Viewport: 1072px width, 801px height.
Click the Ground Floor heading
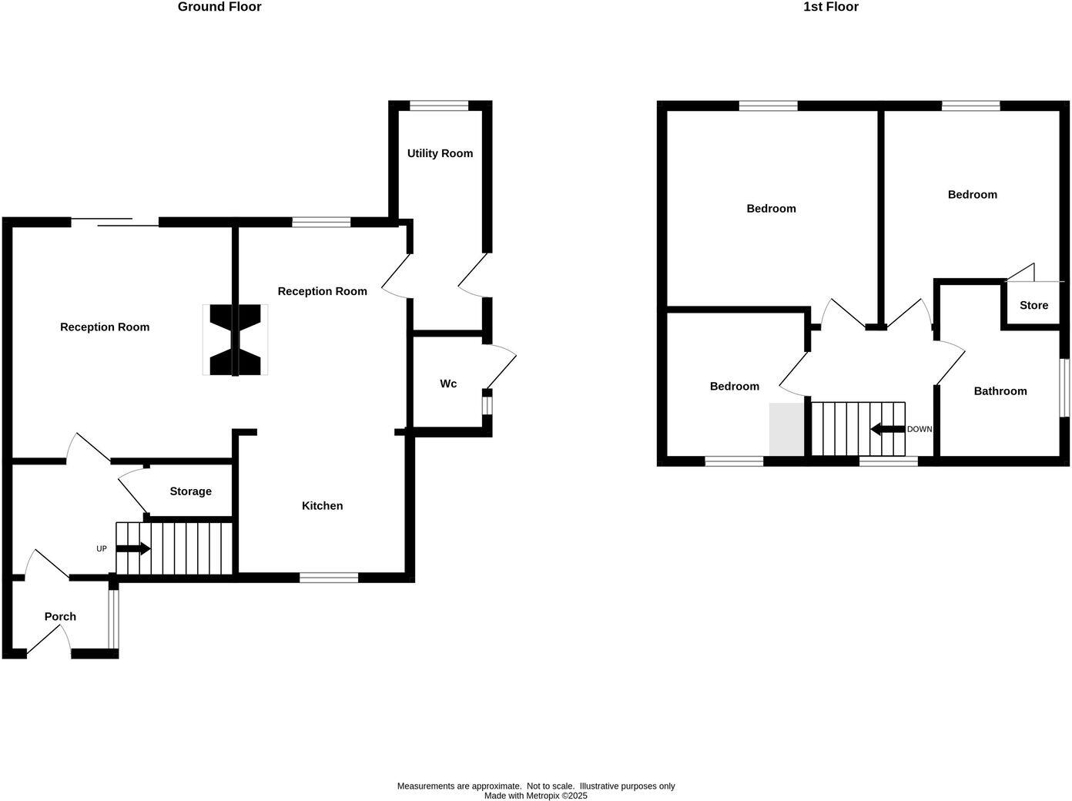[219, 7]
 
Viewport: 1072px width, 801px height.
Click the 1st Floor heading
[830, 7]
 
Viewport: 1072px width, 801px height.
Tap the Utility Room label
[440, 153]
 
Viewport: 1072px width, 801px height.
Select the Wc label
[448, 384]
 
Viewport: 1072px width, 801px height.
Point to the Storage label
[190, 491]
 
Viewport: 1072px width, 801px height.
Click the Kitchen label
[322, 506]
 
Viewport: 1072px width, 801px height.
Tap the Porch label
[60, 616]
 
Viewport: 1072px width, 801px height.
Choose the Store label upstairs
[1033, 305]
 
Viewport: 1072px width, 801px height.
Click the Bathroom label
[1000, 391]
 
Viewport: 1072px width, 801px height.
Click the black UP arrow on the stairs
[133, 548]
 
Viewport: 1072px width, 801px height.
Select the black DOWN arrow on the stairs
[887, 429]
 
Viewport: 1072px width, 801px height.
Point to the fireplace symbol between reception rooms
[236, 340]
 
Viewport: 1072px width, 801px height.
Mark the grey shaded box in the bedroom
[786, 429]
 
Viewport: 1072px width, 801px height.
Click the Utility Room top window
[439, 106]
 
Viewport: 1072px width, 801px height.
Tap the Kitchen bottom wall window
[329, 578]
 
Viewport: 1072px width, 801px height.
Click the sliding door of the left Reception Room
[116, 223]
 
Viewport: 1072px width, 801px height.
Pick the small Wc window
[487, 405]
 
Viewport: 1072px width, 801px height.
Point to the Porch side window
[113, 618]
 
